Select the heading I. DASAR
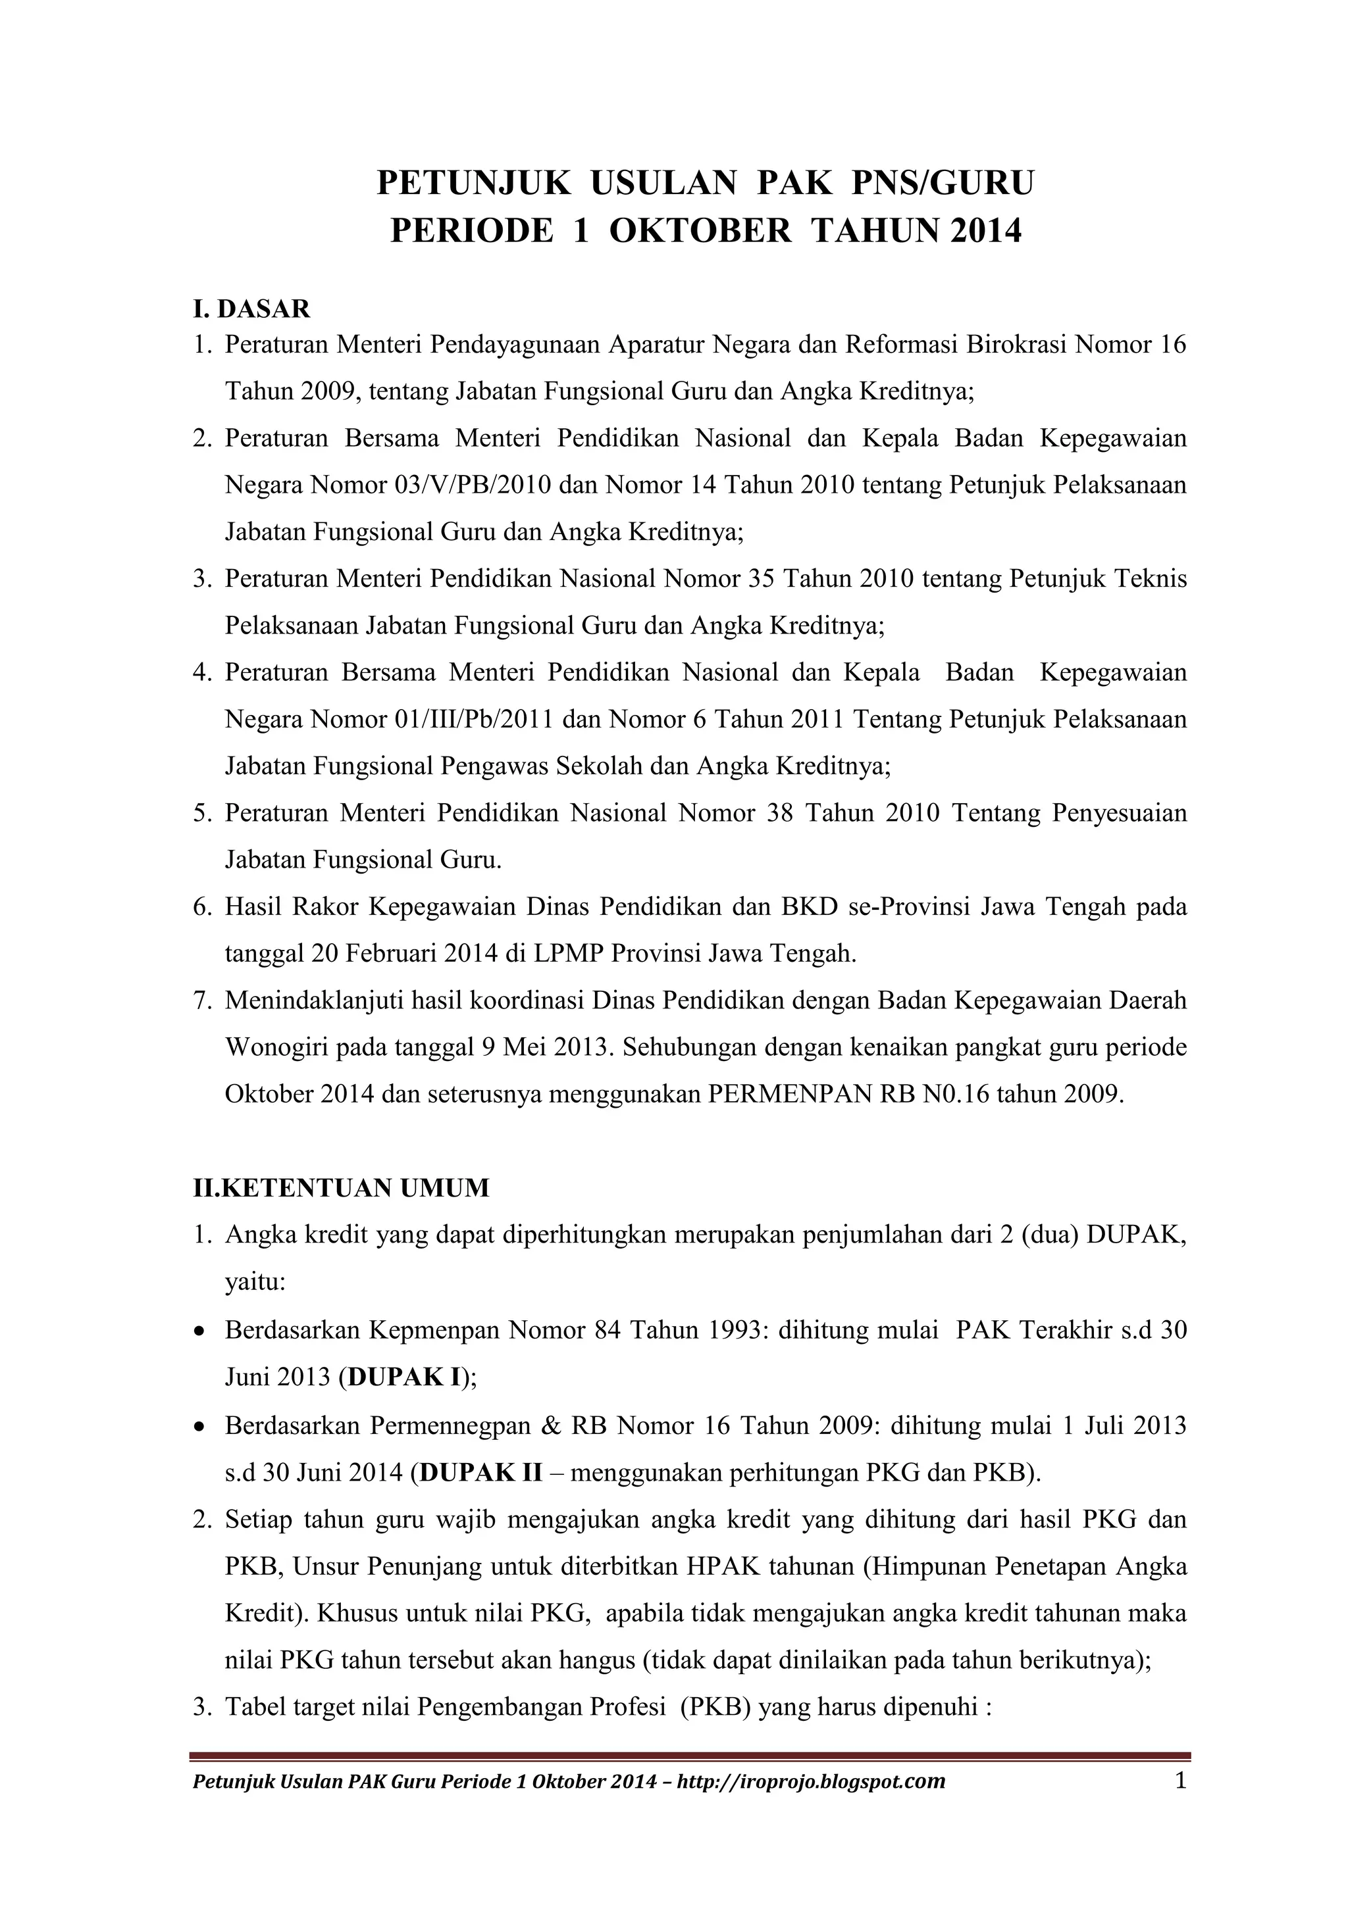[251, 309]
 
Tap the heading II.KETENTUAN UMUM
[341, 1188]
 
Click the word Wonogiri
[274, 1047]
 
